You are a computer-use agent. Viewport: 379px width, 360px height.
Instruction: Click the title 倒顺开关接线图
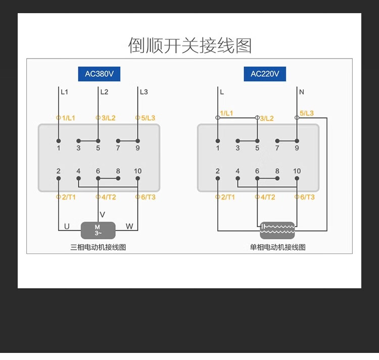(189, 45)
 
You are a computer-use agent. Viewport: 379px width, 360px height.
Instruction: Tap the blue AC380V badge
(99, 74)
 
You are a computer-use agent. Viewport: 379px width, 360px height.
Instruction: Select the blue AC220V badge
(265, 74)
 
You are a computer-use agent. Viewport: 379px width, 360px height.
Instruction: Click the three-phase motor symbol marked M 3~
(98, 230)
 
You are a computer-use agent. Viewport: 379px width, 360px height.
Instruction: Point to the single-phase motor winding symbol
(277, 230)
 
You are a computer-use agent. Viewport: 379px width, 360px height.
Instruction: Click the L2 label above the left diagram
(104, 92)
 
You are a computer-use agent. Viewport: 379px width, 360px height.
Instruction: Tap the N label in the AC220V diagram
(302, 92)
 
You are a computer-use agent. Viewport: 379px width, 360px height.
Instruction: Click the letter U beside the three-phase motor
(67, 227)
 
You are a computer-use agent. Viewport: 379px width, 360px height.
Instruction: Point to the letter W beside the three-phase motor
(129, 227)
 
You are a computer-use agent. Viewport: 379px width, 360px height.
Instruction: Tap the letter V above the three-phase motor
(103, 215)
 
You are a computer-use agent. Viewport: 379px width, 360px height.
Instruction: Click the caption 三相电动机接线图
(98, 247)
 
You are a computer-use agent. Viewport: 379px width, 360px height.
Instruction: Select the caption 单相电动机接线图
(277, 247)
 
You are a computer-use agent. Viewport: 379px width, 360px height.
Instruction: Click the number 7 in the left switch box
(118, 148)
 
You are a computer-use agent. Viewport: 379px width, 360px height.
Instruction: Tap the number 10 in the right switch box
(297, 171)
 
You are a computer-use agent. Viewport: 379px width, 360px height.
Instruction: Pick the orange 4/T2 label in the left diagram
(107, 197)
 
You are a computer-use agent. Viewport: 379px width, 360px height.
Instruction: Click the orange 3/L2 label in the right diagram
(266, 119)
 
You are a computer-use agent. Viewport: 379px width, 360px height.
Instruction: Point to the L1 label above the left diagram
(64, 92)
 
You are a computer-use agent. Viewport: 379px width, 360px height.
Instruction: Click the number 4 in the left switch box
(78, 171)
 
